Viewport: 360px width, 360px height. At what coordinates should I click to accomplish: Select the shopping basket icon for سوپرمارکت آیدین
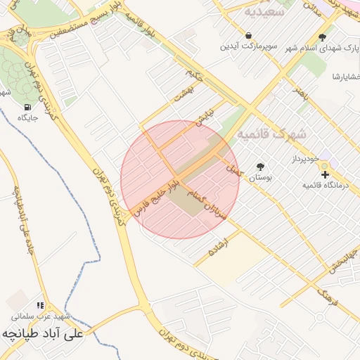248,35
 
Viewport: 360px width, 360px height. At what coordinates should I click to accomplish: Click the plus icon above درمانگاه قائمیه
325,174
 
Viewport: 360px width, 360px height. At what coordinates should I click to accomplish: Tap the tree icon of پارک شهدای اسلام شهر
322,37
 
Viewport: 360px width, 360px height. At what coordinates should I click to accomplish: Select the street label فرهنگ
328,297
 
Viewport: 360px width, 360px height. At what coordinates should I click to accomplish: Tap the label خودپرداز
307,160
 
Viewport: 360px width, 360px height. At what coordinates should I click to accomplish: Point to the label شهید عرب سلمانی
43,316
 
